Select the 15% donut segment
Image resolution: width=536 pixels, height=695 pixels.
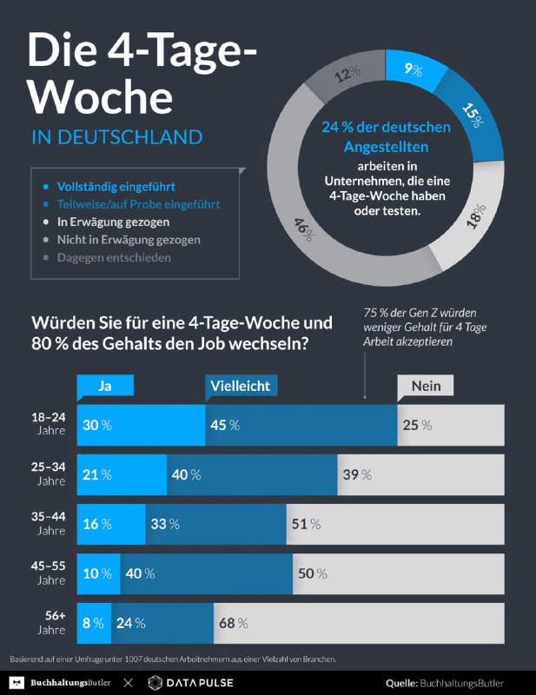[470, 113]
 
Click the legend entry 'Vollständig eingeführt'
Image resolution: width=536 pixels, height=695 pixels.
[116, 186]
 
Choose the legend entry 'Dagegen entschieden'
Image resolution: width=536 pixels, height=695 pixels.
[114, 257]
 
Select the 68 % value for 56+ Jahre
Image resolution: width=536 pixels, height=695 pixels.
[232, 623]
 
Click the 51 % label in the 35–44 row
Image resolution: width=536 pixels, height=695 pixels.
[305, 524]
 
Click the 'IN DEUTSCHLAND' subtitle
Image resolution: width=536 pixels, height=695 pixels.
[116, 137]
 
